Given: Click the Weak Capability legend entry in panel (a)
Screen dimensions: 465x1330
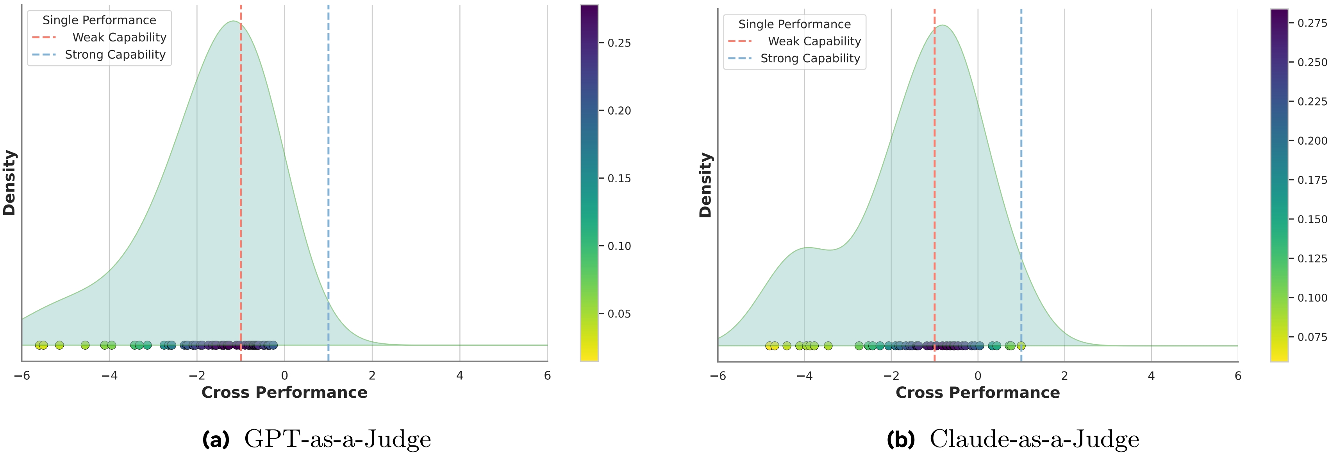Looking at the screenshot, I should point(119,37).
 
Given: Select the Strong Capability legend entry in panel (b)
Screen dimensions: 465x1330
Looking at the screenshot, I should point(810,58).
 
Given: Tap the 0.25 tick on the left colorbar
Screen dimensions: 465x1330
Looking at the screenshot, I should point(619,43).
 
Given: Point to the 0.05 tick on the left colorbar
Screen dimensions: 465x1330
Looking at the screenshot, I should point(619,314).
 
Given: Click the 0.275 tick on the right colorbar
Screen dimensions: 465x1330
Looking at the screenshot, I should point(1312,23).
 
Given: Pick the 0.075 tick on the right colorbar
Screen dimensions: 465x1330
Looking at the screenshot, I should point(1312,337).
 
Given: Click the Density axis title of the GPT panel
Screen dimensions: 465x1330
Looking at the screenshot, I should point(9,183).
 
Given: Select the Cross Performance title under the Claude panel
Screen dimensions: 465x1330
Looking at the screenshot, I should point(977,393).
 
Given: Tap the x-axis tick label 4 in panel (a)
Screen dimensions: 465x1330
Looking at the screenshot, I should point(459,375).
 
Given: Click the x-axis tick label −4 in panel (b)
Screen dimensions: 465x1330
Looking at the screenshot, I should point(804,375).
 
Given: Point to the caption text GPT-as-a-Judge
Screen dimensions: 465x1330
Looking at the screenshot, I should point(337,439).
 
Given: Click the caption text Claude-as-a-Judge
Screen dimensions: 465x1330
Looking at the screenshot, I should point(1034,439).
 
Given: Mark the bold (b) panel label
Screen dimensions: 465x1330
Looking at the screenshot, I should point(900,439).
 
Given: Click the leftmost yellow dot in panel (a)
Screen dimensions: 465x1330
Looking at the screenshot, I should point(39,345).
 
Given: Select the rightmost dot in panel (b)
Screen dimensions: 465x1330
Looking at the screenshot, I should point(1021,346).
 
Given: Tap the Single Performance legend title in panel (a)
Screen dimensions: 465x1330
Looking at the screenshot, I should point(99,20).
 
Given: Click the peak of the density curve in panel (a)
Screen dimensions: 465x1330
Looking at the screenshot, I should point(233,21).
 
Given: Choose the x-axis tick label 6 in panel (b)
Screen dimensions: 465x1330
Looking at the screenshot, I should point(1237,375).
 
